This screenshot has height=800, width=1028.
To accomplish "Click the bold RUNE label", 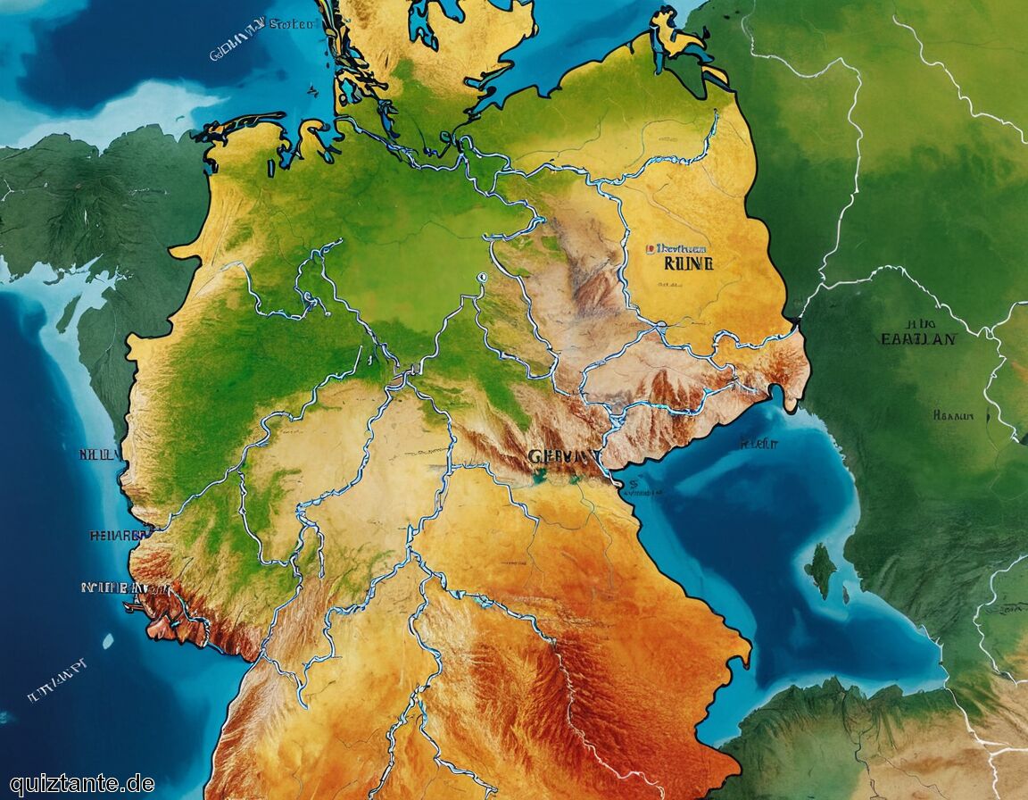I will (684, 263).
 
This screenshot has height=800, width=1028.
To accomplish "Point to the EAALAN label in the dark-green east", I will (917, 339).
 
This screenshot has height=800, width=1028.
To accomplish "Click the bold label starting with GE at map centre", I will (564, 456).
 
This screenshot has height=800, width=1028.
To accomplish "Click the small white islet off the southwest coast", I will (107, 640).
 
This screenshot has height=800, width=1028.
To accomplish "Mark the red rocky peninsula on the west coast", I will (170, 616).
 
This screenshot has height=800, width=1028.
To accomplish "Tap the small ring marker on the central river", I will (483, 278).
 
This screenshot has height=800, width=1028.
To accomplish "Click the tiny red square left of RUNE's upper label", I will (651, 247).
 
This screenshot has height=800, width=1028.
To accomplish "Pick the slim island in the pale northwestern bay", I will (69, 313).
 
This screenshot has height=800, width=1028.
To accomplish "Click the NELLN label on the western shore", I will (100, 454).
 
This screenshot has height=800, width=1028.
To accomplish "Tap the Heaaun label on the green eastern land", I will (951, 415).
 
